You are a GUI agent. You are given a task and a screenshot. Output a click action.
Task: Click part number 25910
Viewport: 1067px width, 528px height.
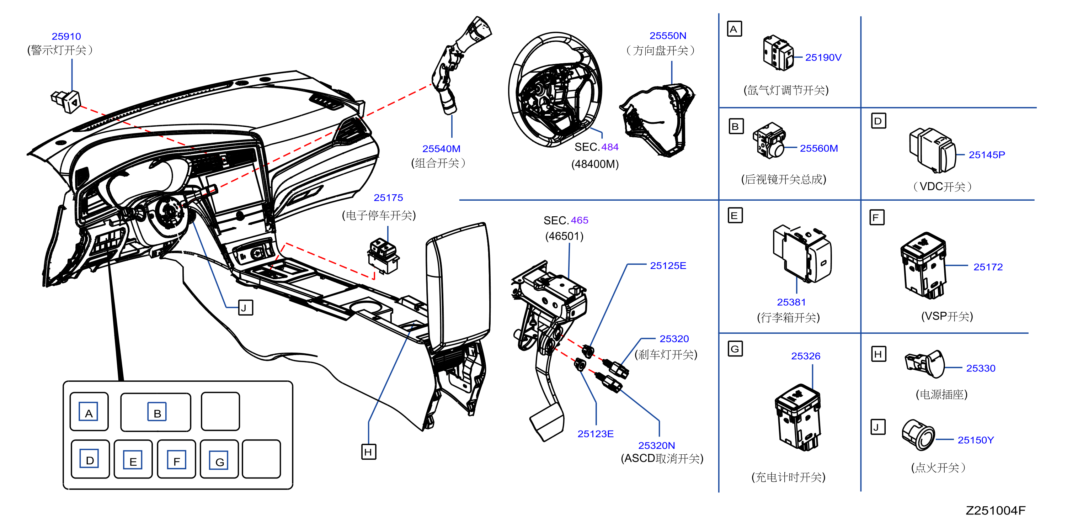pyautogui.click(x=66, y=37)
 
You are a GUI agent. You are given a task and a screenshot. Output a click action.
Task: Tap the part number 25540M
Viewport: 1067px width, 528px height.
pyautogui.click(x=441, y=149)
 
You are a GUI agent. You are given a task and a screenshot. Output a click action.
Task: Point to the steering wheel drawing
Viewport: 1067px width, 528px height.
pyautogui.click(x=555, y=89)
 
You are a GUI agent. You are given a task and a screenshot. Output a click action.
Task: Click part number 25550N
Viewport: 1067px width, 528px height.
pyautogui.click(x=668, y=36)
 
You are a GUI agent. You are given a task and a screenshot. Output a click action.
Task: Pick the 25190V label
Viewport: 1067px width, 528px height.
pyautogui.click(x=823, y=58)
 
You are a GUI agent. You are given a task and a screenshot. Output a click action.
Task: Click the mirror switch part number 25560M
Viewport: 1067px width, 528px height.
pyautogui.click(x=818, y=148)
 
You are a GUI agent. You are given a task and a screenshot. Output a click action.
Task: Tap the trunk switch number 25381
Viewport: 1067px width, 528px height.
pyautogui.click(x=791, y=302)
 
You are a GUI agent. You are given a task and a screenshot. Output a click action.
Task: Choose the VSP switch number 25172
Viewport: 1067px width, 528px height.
pyautogui.click(x=988, y=267)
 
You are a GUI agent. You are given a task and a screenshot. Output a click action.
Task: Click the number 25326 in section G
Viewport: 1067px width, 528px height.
pyautogui.click(x=806, y=356)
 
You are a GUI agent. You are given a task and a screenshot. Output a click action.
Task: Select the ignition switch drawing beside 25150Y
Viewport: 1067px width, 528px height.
pyautogui.click(x=918, y=435)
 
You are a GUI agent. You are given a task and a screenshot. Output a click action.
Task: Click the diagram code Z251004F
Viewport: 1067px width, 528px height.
pyautogui.click(x=995, y=511)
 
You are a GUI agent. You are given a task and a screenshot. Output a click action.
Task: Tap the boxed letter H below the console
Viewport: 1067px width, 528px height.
pyautogui.click(x=368, y=452)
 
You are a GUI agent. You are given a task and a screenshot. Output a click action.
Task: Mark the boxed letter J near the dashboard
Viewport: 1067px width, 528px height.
pyautogui.click(x=245, y=308)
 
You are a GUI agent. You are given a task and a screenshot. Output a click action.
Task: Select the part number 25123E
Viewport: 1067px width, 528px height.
pyautogui.click(x=595, y=434)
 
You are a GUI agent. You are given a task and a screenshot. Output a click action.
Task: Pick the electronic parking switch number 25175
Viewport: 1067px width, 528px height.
pyautogui.click(x=388, y=198)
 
